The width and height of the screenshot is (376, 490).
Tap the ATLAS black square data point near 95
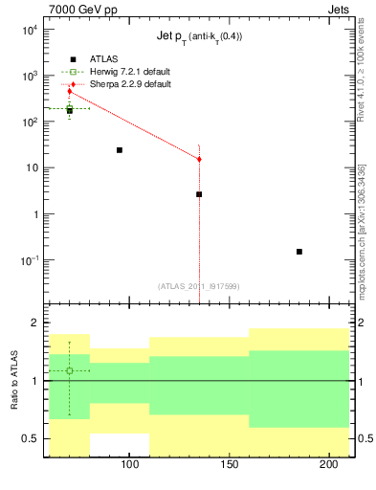pos(120,150)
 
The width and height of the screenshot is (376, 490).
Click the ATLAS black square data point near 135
pos(199,194)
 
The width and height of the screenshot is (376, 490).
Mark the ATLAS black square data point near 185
pos(299,252)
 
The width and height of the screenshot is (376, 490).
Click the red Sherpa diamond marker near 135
pos(199,159)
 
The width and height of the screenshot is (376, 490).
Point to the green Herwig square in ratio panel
pos(70,370)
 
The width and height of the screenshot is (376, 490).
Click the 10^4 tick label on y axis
pos(28,30)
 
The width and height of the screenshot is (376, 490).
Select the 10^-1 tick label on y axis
pos(28,260)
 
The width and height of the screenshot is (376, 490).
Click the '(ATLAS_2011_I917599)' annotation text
pos(199,286)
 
